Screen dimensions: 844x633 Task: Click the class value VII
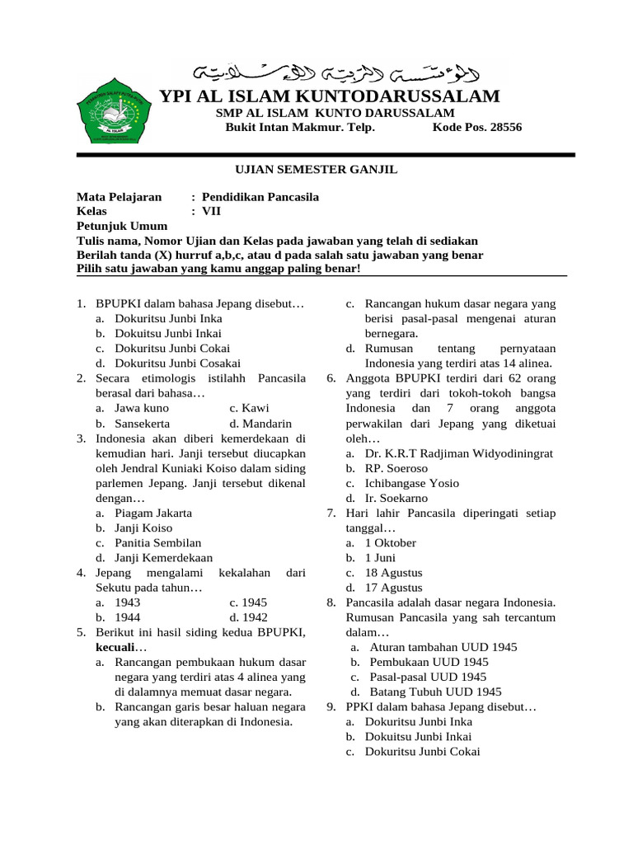(212, 211)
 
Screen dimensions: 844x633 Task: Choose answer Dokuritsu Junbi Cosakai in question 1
(177, 363)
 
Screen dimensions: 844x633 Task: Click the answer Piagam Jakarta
(153, 513)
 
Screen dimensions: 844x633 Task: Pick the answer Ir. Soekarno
(399, 498)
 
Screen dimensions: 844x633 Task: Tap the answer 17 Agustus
(394, 588)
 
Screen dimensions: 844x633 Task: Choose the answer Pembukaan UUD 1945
(429, 662)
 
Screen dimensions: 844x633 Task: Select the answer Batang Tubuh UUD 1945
(435, 692)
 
